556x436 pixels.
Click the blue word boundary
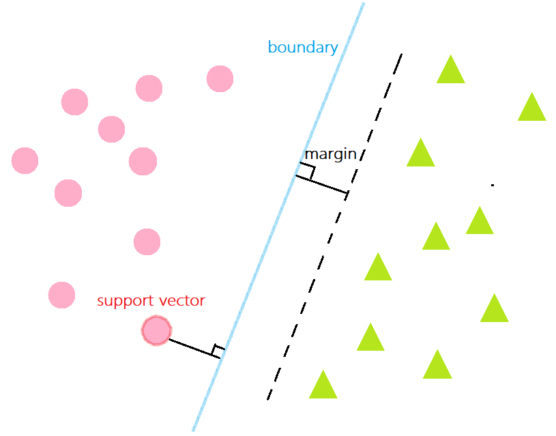point(303,48)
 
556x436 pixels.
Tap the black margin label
point(330,154)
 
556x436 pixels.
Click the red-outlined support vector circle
point(156,331)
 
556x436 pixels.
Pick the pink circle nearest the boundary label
point(220,78)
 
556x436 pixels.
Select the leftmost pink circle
point(25,160)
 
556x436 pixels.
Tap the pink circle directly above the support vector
point(147,242)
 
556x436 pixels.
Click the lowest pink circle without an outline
point(61,295)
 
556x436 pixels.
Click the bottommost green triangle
point(323,386)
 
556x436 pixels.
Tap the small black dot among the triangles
point(492,185)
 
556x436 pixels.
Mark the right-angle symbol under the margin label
point(306,171)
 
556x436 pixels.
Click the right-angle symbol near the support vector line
point(218,351)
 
